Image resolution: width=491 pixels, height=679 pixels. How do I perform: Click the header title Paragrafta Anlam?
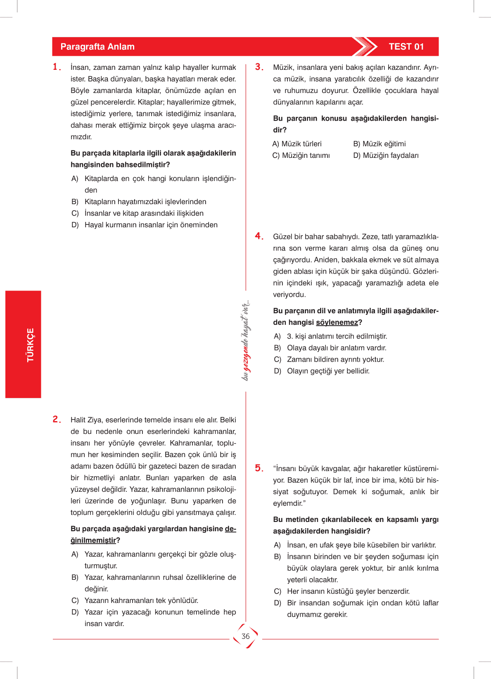point(97,47)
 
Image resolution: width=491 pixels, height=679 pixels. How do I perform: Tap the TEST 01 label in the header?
point(406,47)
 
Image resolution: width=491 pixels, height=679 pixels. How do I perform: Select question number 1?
point(57,67)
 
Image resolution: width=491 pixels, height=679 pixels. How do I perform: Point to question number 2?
point(57,419)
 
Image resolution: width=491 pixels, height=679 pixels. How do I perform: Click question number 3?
point(259,67)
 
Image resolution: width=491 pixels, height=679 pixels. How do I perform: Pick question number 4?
point(259,236)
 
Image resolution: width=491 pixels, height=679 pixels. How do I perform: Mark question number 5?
point(259,468)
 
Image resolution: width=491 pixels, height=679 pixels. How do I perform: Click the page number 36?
point(246,636)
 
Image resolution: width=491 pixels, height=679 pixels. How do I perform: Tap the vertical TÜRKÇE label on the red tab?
point(31,345)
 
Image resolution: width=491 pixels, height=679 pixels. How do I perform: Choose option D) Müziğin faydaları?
point(386,155)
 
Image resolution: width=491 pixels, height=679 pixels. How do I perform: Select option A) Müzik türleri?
point(297,144)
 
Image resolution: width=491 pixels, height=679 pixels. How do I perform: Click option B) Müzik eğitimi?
point(380,144)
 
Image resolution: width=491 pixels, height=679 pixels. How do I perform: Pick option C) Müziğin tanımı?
point(301,155)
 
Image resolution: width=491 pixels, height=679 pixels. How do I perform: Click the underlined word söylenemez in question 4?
point(337,322)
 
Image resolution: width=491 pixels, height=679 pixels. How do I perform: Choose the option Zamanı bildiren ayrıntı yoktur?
point(335,360)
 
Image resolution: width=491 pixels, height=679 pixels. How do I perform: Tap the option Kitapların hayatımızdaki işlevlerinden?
point(145,202)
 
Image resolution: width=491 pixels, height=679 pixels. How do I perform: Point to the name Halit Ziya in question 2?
point(86,420)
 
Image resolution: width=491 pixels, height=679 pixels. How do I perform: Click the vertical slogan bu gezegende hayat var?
point(246,341)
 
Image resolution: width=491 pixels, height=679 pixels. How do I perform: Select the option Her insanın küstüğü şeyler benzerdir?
point(348,591)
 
